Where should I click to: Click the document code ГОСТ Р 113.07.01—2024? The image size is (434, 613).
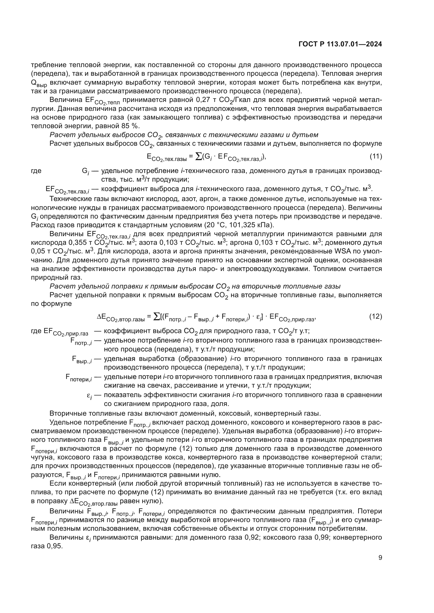(340, 44)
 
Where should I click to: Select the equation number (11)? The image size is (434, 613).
(376, 157)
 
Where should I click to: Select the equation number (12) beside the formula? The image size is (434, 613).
(375, 317)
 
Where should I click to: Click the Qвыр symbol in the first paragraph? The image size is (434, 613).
(39, 83)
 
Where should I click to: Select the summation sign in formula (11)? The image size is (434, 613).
(199, 157)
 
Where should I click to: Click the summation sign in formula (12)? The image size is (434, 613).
(157, 317)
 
